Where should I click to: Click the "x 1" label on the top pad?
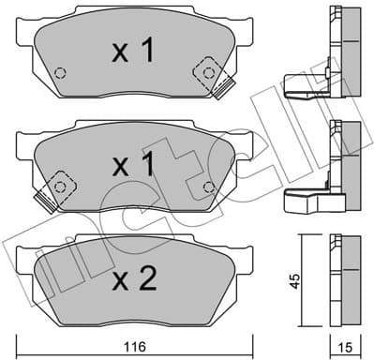point(133,52)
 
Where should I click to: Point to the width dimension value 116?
point(137,347)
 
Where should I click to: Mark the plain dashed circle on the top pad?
point(61,73)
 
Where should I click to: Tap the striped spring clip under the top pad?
point(223,90)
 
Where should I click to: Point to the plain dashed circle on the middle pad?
point(206,187)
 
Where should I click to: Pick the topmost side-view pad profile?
point(339,47)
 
